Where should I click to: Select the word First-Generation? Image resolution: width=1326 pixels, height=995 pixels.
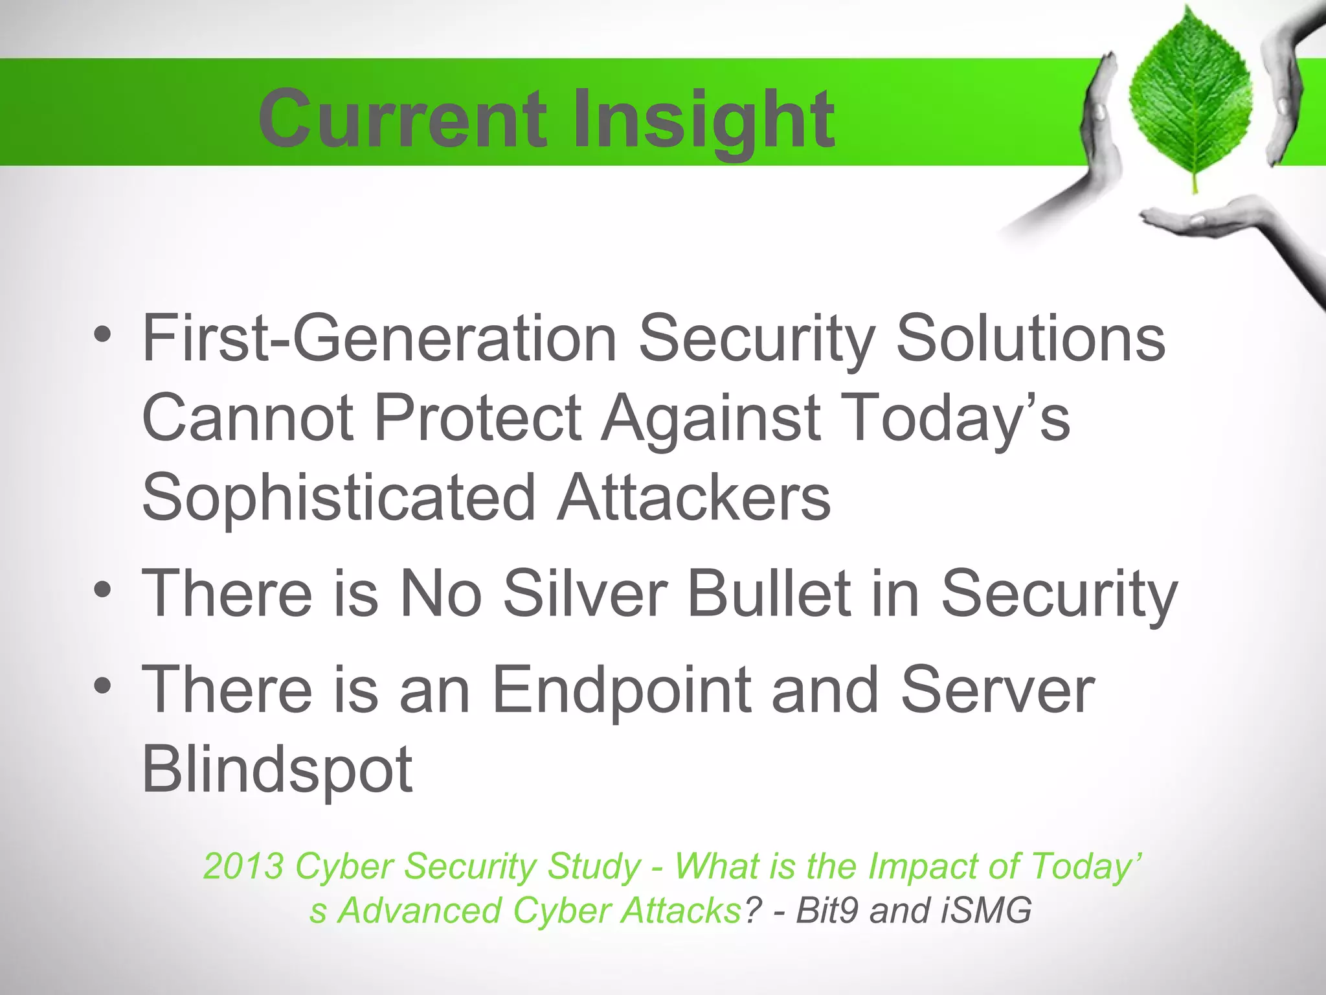[379, 338]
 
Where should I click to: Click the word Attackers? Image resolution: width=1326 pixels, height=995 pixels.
[693, 497]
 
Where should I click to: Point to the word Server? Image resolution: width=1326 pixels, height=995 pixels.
[997, 691]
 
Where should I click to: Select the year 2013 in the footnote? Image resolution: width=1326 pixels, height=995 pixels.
[243, 866]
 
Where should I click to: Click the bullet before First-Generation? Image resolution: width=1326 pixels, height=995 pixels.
[102, 336]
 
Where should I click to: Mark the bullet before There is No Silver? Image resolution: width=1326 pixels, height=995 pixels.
[102, 591]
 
